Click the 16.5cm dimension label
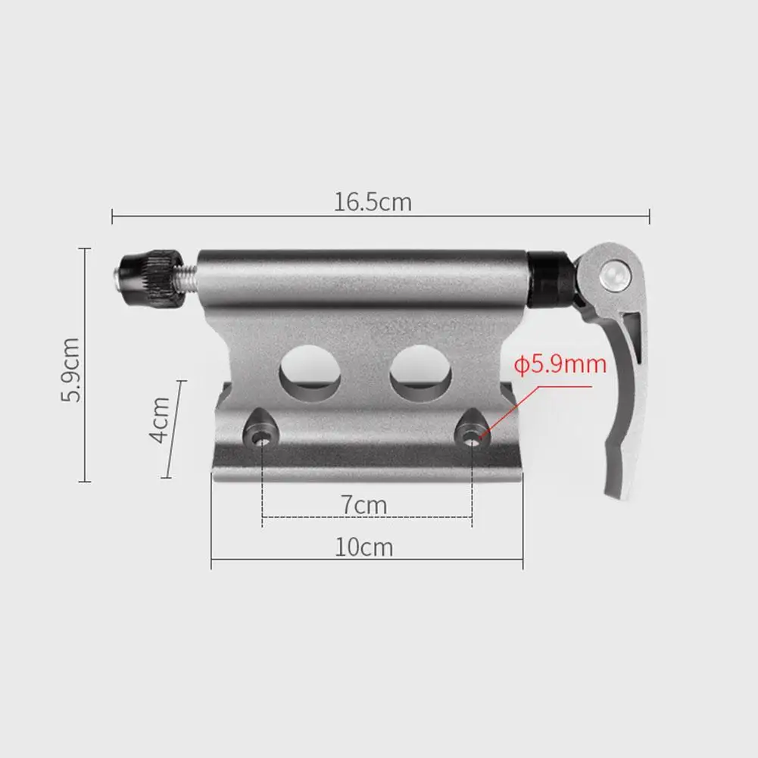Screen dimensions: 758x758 pyautogui.click(x=373, y=202)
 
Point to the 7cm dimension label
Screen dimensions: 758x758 pyautogui.click(x=362, y=505)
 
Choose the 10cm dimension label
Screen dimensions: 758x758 pyautogui.click(x=364, y=546)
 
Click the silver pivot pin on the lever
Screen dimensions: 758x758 pyautogui.click(x=614, y=274)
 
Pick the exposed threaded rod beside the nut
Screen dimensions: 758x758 pyautogui.click(x=188, y=273)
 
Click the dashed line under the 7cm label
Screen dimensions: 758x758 pyautogui.click(x=367, y=519)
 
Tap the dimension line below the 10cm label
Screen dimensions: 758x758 pyautogui.click(x=367, y=561)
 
